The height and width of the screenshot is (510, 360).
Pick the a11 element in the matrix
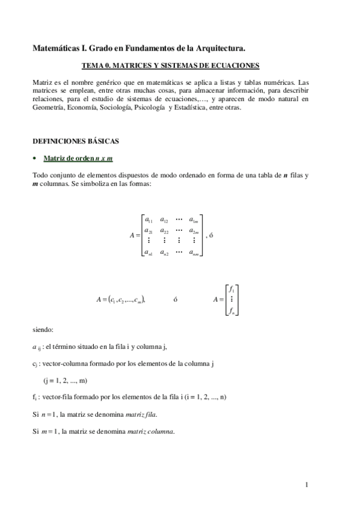(148, 220)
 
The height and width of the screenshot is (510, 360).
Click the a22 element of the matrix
(165, 231)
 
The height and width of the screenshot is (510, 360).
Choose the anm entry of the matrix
(194, 253)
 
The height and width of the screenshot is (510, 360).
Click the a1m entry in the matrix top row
(194, 220)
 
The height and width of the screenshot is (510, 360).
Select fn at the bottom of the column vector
(232, 310)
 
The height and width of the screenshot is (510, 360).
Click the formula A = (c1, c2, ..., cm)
(120, 299)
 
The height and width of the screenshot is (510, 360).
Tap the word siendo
(43, 330)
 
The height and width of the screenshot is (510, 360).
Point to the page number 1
(306, 484)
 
